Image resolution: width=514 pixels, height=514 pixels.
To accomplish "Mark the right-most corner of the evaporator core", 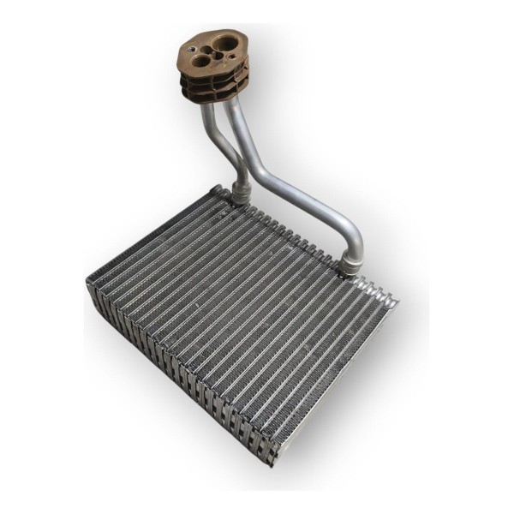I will click(x=396, y=301).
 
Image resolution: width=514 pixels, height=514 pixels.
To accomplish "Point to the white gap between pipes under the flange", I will click(x=225, y=137).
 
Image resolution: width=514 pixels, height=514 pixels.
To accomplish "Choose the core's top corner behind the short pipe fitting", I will click(x=219, y=189).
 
